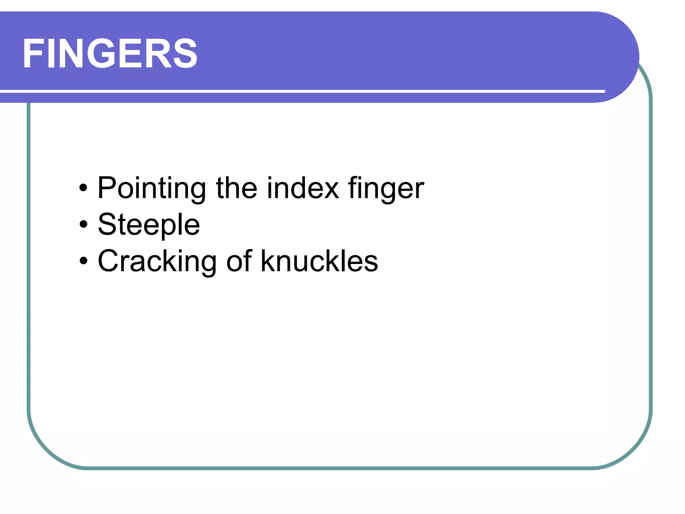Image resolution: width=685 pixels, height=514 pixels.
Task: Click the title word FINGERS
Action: coord(110,54)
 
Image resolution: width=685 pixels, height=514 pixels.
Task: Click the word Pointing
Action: coord(152,188)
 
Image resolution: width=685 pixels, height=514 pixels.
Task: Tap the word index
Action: coord(303,188)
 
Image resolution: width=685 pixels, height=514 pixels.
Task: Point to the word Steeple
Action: coord(149,225)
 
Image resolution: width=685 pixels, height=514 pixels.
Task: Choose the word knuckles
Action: coord(319,261)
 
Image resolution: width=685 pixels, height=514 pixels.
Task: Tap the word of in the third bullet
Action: coord(239,261)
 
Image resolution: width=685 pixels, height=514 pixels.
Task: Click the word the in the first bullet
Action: coord(237,188)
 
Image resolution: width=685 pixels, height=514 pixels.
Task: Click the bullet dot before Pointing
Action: coord(83,188)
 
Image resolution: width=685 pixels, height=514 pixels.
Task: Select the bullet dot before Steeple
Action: coord(83,225)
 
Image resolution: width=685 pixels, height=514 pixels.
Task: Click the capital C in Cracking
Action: coord(109,261)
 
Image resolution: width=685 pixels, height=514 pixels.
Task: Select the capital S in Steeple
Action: coord(108,225)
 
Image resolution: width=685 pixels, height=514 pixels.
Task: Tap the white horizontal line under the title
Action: coord(301,91)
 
